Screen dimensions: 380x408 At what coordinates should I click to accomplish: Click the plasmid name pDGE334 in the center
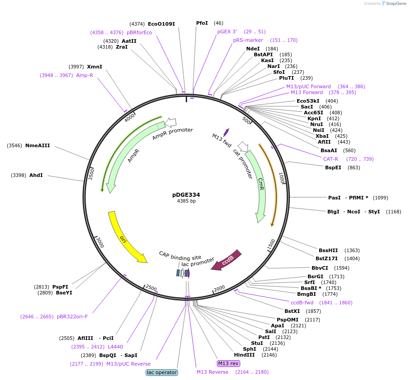(x=186, y=195)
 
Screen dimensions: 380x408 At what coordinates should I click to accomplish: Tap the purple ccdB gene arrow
(x=227, y=261)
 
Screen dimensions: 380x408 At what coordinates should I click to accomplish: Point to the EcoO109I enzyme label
(x=161, y=23)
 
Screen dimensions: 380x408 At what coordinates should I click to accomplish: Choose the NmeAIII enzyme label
(x=37, y=145)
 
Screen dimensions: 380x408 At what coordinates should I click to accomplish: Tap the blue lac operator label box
(x=162, y=372)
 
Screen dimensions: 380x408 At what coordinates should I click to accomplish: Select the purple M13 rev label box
(x=229, y=363)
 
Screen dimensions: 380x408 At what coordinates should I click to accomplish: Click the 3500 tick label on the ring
(x=92, y=173)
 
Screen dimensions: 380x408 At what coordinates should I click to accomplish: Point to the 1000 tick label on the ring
(x=281, y=178)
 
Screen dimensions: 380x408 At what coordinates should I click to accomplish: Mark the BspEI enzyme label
(x=333, y=167)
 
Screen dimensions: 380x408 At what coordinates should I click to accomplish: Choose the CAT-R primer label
(x=330, y=159)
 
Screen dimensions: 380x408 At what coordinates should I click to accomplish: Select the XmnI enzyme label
(x=95, y=67)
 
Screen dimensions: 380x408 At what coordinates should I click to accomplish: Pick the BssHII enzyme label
(x=328, y=250)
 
